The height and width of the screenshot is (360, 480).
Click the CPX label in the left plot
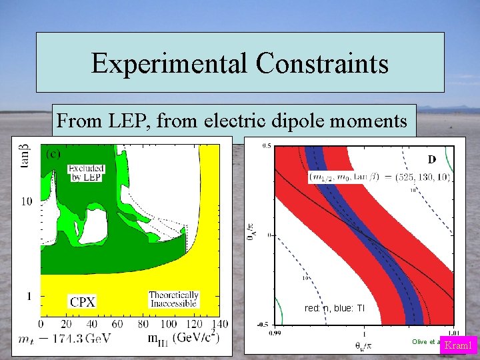coord(82,301)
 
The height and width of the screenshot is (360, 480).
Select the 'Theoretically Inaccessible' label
coord(173,299)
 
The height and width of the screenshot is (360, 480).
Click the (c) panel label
coord(53,153)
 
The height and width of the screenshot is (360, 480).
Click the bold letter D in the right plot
coord(431,159)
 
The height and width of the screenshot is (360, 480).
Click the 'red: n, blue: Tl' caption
coord(333,309)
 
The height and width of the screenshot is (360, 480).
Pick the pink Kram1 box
coord(458,345)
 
